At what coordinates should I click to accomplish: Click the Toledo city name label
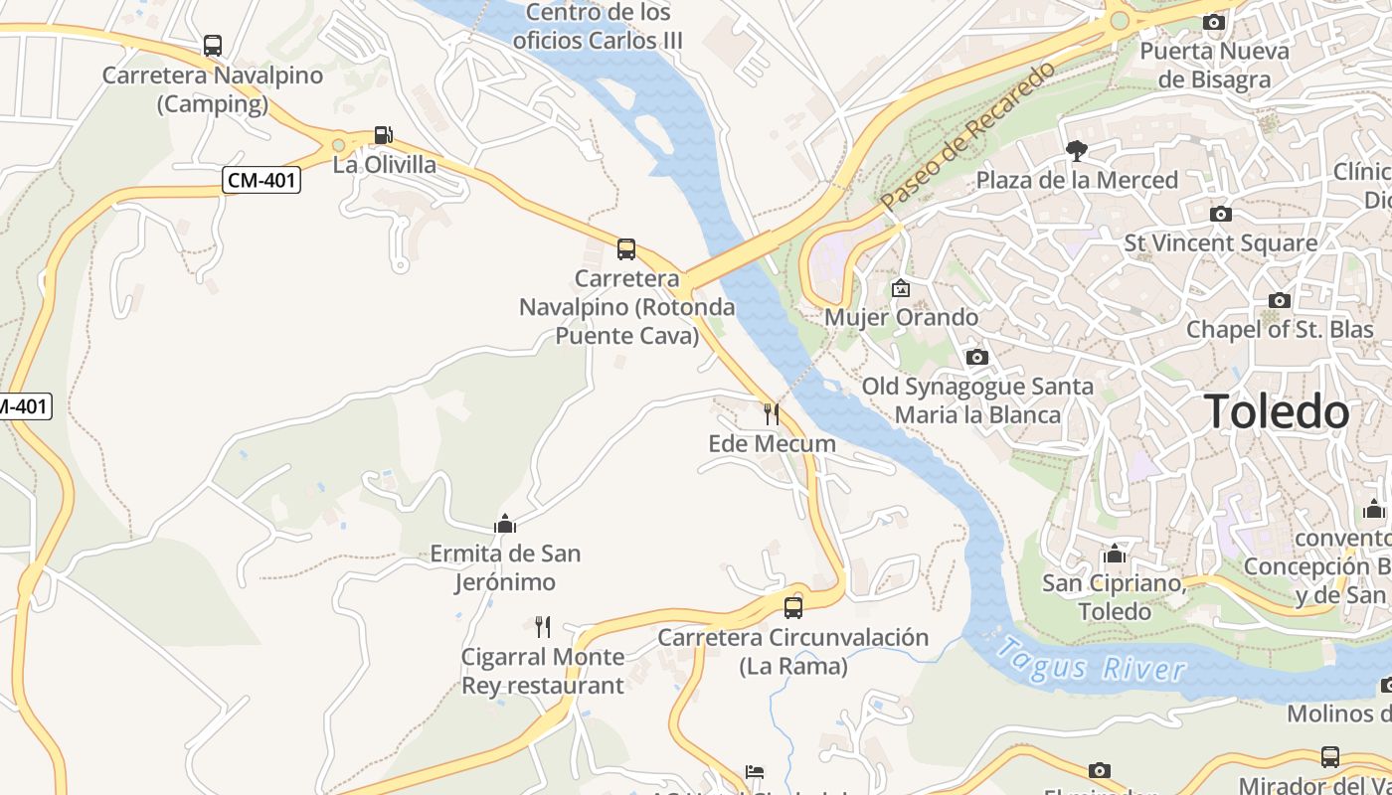tap(1277, 411)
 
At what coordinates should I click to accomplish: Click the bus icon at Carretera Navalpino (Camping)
tap(213, 45)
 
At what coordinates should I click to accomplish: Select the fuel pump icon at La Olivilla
tap(383, 135)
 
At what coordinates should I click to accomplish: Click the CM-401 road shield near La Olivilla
tap(261, 180)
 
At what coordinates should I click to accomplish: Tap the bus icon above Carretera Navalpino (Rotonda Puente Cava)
tap(626, 248)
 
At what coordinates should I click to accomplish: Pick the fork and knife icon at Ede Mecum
tap(772, 413)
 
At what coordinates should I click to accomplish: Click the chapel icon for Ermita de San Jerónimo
tap(505, 524)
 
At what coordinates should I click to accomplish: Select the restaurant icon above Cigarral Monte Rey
tap(543, 626)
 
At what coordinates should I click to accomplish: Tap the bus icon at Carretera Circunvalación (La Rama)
tap(793, 607)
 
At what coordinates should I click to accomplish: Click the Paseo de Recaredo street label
tap(966, 136)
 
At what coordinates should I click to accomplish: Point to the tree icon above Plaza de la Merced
tap(1076, 151)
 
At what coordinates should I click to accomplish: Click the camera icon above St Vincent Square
tap(1220, 214)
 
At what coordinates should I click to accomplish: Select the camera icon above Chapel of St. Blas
tap(1280, 300)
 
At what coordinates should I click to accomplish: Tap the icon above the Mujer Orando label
tap(901, 289)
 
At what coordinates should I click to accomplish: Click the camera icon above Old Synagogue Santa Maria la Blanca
tap(977, 357)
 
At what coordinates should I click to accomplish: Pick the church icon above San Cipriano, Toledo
tap(1115, 554)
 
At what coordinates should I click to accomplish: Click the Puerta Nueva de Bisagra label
tap(1214, 65)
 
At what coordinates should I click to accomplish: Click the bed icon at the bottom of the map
tap(755, 773)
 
